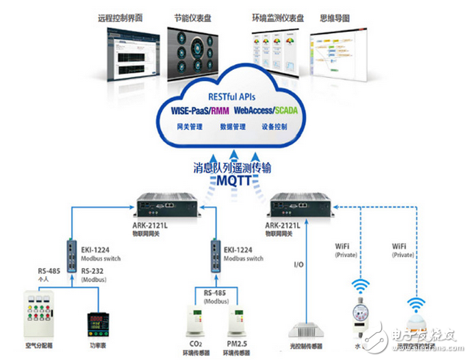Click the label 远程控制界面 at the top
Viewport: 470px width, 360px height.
point(121,16)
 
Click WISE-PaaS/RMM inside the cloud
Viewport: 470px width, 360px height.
point(196,110)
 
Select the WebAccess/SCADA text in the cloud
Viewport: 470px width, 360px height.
point(268,110)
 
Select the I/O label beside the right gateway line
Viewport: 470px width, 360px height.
point(299,263)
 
